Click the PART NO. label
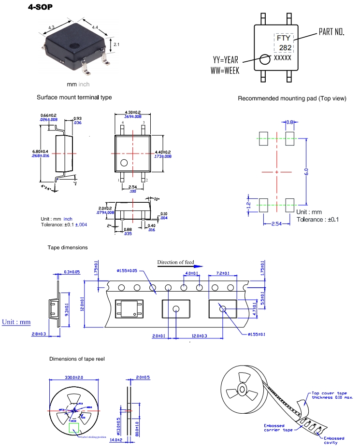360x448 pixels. click(331, 32)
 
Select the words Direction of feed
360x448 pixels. click(175, 263)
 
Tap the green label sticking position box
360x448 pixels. click(74, 427)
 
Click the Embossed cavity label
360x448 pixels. click(334, 440)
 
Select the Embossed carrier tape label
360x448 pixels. click(278, 428)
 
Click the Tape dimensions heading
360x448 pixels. click(68, 248)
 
